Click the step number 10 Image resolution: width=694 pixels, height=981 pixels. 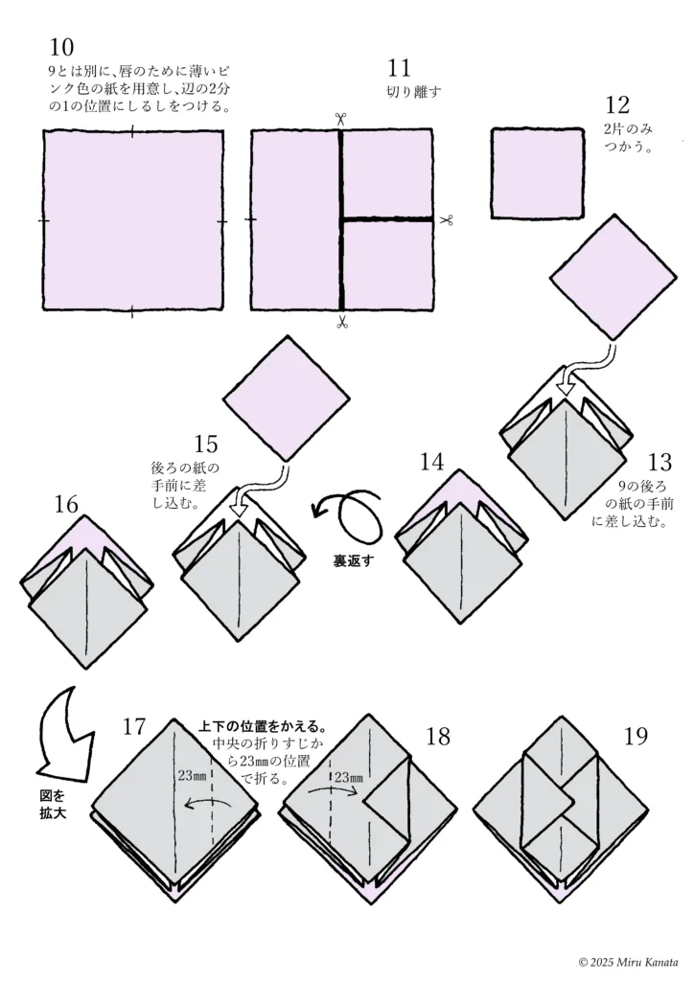[60, 47]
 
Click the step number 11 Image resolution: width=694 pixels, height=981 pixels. [400, 68]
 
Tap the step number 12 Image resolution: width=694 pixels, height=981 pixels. [618, 105]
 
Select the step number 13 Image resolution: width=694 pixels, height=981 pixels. [660, 460]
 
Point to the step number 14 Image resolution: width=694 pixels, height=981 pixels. [432, 462]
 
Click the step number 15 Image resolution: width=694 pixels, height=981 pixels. [206, 445]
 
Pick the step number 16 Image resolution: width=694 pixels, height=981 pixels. [66, 503]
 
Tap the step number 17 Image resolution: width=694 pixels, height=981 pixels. [134, 726]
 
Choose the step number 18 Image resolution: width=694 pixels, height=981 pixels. [438, 736]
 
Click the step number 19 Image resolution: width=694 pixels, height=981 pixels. [636, 736]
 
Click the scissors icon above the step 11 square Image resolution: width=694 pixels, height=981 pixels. [340, 119]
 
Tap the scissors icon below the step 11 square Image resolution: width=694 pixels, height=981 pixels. [341, 323]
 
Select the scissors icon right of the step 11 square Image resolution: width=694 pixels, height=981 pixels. [446, 220]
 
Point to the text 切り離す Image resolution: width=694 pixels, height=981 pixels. [414, 93]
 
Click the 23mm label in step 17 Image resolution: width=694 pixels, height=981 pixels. [192, 777]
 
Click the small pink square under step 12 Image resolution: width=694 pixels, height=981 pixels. [537, 173]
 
